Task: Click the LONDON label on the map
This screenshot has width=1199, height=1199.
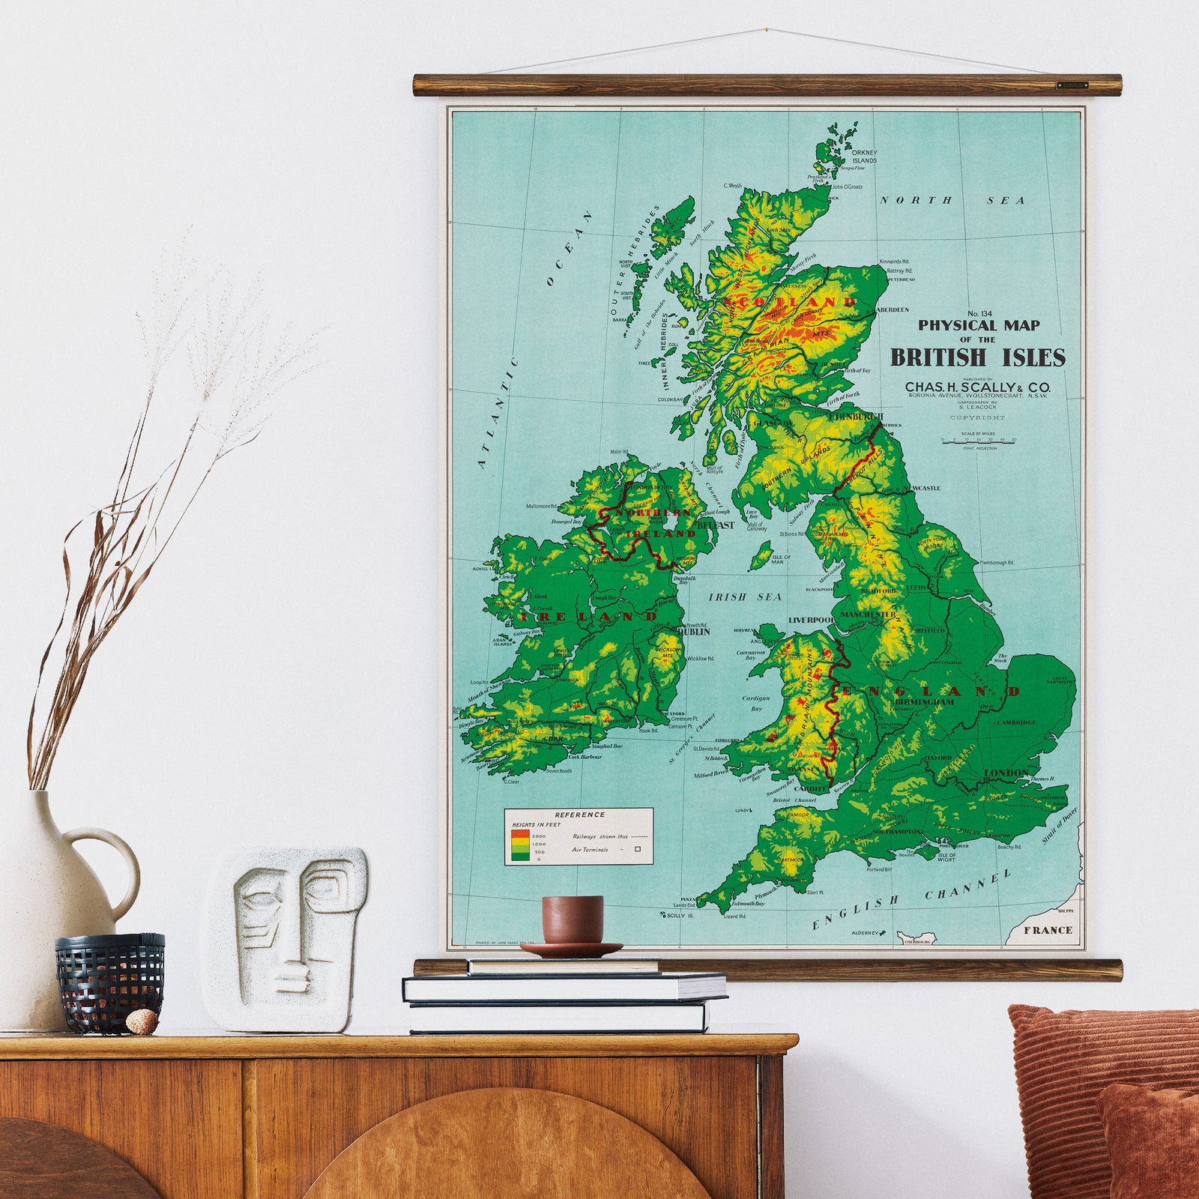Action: (x=1006, y=773)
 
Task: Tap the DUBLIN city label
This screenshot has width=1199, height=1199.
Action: (x=693, y=632)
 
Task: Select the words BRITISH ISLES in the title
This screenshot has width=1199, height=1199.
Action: (x=977, y=357)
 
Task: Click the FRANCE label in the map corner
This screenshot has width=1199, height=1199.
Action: (x=1050, y=930)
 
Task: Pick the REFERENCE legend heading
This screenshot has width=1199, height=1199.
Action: (x=579, y=815)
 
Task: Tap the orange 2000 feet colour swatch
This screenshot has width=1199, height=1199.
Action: (x=518, y=834)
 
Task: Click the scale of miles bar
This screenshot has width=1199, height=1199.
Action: (x=978, y=442)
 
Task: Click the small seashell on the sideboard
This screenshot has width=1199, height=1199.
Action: (x=142, y=1019)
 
